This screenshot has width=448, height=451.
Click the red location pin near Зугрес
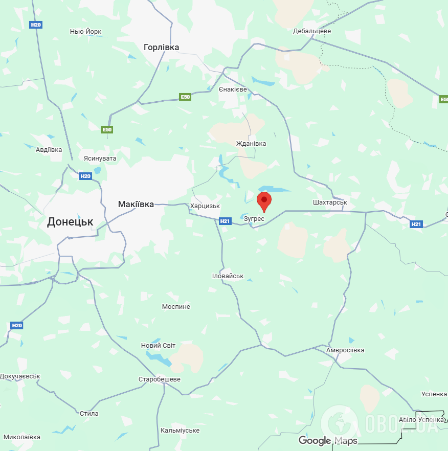tap(264, 201)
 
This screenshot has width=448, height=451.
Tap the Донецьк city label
tap(70, 222)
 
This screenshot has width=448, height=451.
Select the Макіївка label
tap(136, 204)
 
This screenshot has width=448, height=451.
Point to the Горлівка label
tap(161, 47)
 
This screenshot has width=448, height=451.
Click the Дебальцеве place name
tap(312, 31)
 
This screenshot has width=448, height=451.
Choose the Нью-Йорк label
tap(85, 32)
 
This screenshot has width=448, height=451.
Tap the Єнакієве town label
tap(233, 89)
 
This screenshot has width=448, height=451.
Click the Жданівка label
tap(251, 144)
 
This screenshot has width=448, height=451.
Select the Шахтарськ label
tap(330, 202)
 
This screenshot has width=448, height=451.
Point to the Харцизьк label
tap(205, 206)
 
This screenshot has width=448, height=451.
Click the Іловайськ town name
tap(228, 276)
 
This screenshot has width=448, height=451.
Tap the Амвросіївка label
tap(345, 350)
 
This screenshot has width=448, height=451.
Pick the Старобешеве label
tap(160, 379)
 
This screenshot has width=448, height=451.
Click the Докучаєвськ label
tap(20, 376)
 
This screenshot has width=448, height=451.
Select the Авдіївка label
tap(49, 150)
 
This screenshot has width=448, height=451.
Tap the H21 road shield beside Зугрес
tap(225, 221)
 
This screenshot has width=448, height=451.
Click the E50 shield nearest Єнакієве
tap(185, 97)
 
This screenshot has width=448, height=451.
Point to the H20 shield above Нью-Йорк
tap(35, 25)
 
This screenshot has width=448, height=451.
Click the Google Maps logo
tap(328, 441)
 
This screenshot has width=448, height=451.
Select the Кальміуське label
tap(180, 431)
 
